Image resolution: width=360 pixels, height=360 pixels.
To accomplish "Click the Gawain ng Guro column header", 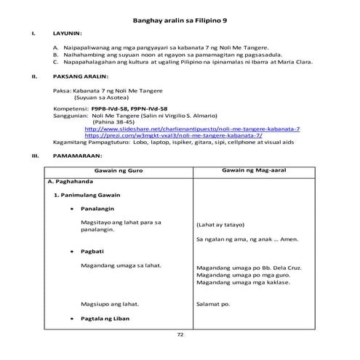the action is [x=116, y=169].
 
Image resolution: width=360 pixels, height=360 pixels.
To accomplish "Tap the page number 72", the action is [x=180, y=334].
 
